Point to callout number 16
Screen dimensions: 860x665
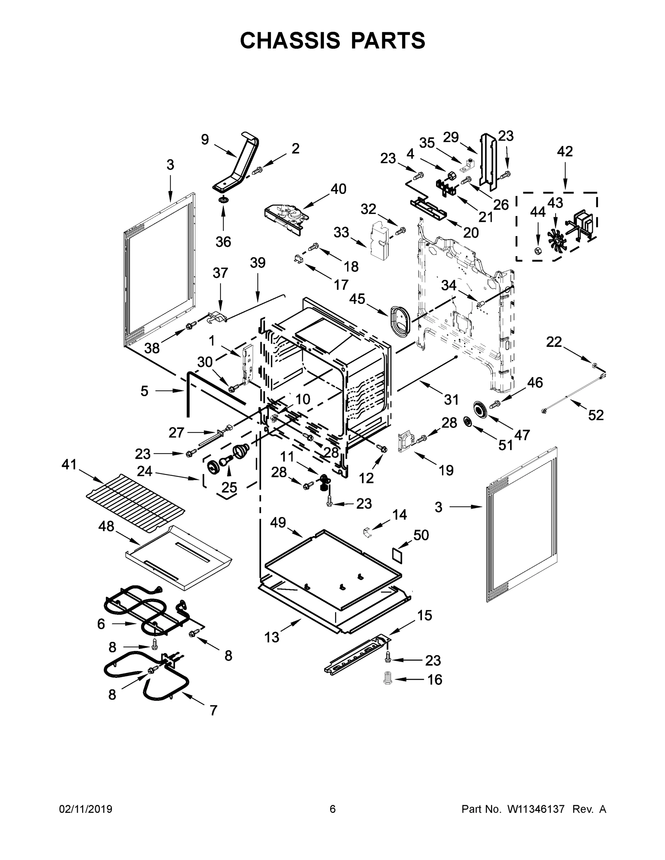[435, 680]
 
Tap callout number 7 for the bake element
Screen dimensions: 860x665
[213, 710]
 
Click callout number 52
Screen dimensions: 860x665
[596, 415]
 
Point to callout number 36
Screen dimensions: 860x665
[223, 242]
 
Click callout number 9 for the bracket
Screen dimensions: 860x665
[205, 139]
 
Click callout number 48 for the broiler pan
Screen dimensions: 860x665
[106, 526]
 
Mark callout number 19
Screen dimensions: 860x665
[446, 470]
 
